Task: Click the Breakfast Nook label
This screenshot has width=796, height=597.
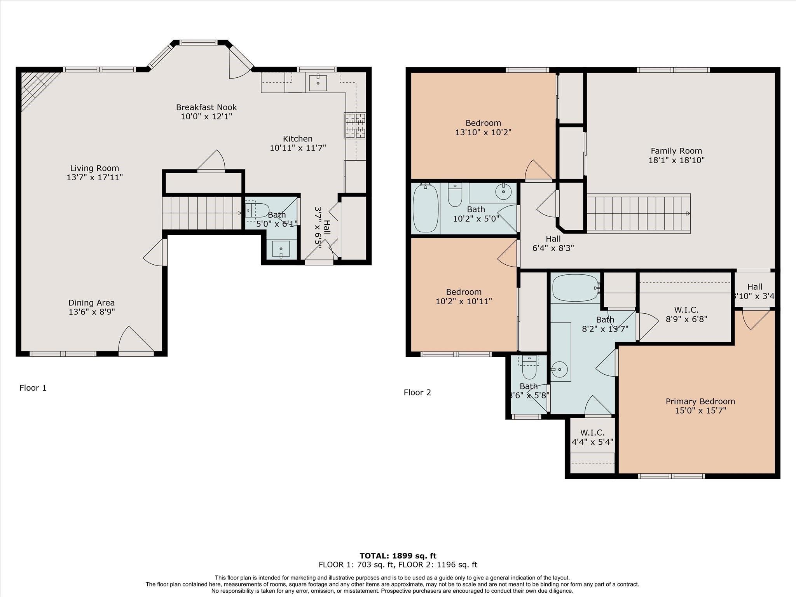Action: pos(206,107)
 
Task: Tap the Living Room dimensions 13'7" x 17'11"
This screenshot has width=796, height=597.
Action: pos(94,177)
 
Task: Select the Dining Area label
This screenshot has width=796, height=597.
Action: pos(92,303)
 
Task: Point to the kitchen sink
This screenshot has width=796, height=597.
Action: pos(318,82)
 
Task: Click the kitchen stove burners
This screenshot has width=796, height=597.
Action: pos(355,126)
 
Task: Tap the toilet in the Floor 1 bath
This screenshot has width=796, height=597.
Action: pos(257,210)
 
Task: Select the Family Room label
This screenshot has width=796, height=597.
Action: pos(676,151)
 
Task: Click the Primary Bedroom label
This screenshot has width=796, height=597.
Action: pos(700,401)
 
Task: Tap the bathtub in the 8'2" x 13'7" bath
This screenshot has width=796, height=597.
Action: pos(576,288)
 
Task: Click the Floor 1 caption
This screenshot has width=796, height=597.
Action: pos(33,388)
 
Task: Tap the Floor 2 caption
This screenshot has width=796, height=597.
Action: pos(417,393)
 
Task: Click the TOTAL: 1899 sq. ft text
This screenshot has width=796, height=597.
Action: pos(398,556)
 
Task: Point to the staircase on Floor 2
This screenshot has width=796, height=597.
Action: pos(638,213)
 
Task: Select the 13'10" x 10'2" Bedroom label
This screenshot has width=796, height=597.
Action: pos(483,123)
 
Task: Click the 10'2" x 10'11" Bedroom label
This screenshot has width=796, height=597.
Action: pos(464,292)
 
